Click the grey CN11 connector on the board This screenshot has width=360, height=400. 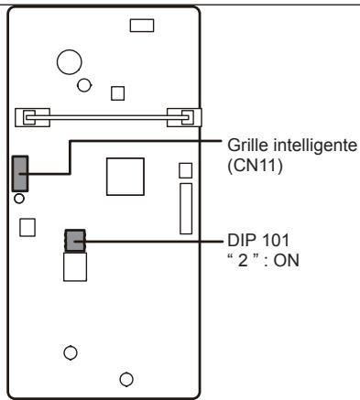coord(20,170)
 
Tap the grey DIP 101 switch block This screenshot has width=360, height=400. coord(74,241)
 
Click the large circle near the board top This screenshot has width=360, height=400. coord(69,62)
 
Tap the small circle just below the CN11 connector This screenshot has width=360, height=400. coord(20,196)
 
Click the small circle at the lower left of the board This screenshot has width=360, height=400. coord(69,351)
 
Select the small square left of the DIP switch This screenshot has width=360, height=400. coord(27,226)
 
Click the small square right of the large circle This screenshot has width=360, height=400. coord(116,92)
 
